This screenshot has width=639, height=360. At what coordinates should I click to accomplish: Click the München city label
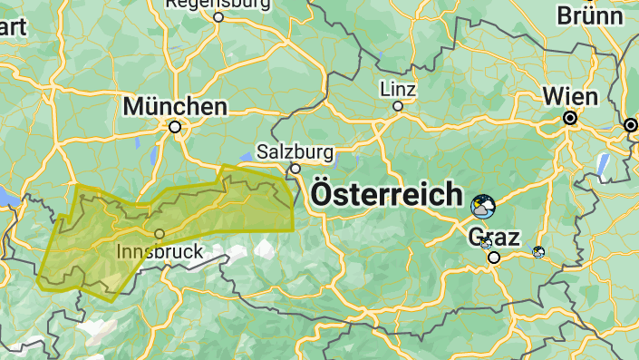175,106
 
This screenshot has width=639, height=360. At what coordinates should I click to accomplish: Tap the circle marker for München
175,128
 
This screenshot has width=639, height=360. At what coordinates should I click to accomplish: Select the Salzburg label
295,151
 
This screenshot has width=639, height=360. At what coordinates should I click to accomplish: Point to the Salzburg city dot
295,169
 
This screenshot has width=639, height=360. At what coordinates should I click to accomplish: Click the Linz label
398,90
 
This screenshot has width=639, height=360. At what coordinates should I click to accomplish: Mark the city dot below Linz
397,106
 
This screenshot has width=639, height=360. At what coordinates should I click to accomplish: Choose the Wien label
570,97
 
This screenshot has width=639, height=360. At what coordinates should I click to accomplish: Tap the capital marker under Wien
570,118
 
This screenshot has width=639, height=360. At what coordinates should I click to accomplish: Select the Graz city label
494,238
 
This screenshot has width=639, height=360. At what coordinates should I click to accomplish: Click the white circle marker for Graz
494,258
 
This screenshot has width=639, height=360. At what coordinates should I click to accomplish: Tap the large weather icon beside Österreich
483,207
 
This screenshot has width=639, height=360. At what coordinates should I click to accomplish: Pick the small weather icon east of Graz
539,251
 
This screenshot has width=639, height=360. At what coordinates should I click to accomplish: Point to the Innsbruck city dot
160,234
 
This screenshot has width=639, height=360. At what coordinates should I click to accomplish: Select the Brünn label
590,15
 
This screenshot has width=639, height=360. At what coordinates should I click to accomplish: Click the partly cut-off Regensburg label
218,4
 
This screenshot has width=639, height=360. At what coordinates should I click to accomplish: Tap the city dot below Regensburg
218,16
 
